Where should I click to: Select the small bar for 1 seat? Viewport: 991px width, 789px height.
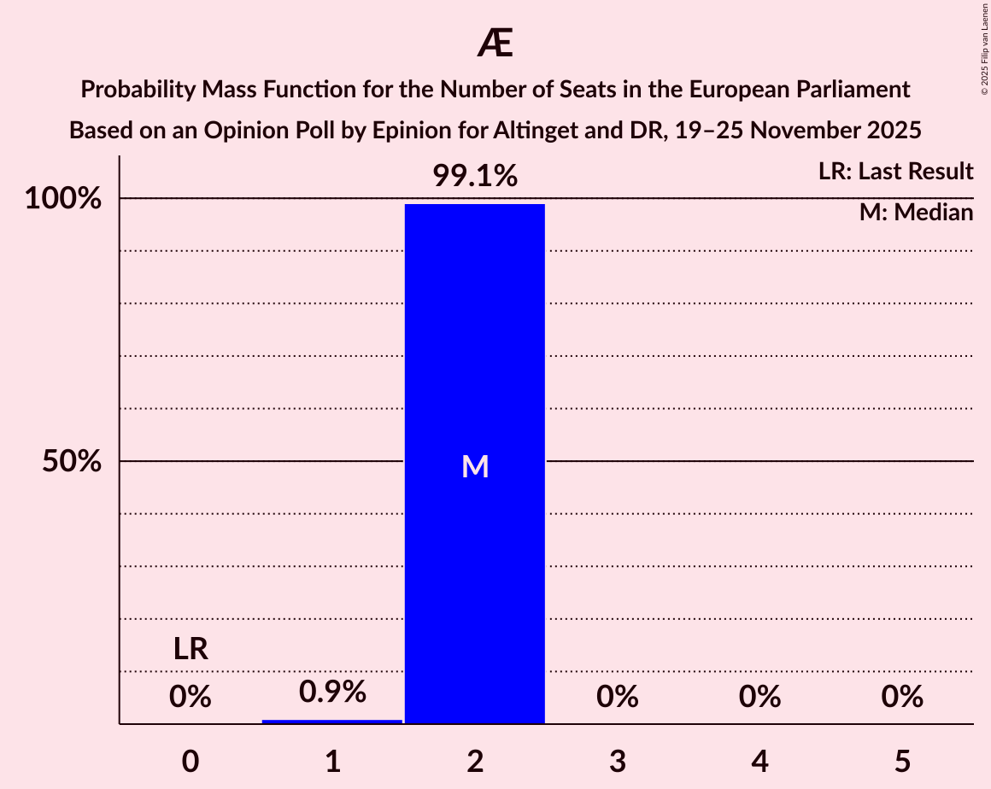pyautogui.click(x=332, y=722)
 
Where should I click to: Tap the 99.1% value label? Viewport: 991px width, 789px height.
pyautogui.click(x=474, y=176)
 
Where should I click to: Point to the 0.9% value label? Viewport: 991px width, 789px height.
pyautogui.click(x=332, y=692)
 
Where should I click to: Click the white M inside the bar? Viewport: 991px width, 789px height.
pyautogui.click(x=474, y=466)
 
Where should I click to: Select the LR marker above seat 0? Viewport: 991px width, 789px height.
pyautogui.click(x=191, y=650)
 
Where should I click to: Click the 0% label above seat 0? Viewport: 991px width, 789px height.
pyautogui.click(x=191, y=697)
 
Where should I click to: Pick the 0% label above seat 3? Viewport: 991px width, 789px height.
pyautogui.click(x=617, y=697)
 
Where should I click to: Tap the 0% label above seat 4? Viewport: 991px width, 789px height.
pyautogui.click(x=759, y=697)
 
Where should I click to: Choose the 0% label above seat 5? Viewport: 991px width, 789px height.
pyautogui.click(x=901, y=697)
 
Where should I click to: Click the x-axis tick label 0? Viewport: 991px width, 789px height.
pyautogui.click(x=191, y=761)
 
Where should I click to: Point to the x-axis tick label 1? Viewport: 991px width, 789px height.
pyautogui.click(x=332, y=761)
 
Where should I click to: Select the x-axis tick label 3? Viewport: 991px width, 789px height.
pyautogui.click(x=617, y=761)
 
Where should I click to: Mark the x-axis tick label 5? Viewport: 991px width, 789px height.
pyautogui.click(x=901, y=761)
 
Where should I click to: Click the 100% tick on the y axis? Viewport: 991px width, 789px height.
pyautogui.click(x=62, y=199)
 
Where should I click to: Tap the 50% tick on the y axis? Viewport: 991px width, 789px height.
pyautogui.click(x=72, y=462)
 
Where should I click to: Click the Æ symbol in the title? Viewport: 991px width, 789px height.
pyautogui.click(x=495, y=44)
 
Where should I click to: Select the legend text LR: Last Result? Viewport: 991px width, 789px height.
pyautogui.click(x=894, y=172)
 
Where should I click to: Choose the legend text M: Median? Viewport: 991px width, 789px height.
pyautogui.click(x=916, y=213)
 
